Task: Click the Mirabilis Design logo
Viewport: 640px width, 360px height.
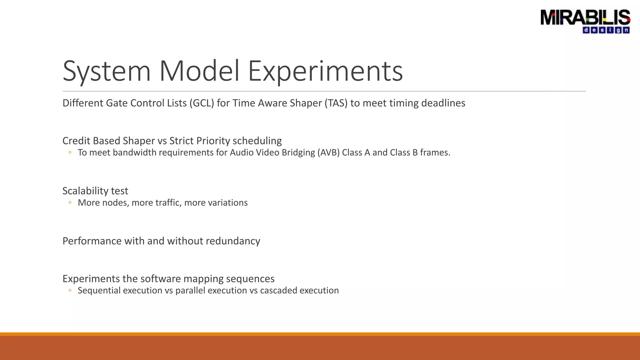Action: click(x=585, y=21)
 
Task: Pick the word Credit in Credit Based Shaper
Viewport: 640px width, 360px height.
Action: click(x=76, y=141)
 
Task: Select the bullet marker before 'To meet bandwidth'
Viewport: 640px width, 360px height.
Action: click(x=70, y=152)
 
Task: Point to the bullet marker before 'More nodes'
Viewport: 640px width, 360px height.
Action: click(x=70, y=202)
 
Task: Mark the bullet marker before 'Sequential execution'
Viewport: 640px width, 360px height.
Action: click(x=70, y=290)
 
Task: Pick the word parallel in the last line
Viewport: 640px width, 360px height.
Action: click(x=190, y=291)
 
